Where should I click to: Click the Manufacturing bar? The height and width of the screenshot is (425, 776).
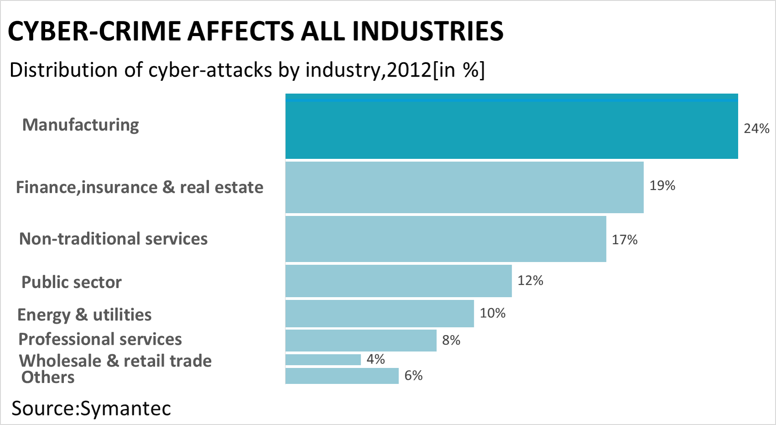(x=512, y=126)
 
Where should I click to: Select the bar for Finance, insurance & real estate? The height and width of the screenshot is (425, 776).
(x=464, y=187)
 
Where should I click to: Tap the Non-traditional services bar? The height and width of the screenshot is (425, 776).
(x=445, y=239)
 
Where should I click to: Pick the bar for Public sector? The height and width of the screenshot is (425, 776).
(x=398, y=281)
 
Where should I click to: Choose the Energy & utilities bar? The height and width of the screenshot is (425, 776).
(x=379, y=314)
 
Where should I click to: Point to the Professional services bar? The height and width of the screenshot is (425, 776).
(x=361, y=340)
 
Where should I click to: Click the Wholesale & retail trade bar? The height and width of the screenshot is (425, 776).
(x=323, y=360)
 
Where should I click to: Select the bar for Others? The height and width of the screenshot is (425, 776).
(x=342, y=376)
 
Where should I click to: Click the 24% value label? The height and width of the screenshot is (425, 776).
(x=756, y=129)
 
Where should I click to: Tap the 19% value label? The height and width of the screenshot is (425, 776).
(x=662, y=185)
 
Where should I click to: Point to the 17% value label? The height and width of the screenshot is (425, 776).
(x=624, y=240)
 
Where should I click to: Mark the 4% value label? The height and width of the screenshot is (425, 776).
(x=376, y=359)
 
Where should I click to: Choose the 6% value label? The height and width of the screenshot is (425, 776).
(x=414, y=375)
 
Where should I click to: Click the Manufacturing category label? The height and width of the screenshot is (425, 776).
(x=81, y=125)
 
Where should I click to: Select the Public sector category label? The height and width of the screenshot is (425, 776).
(x=72, y=282)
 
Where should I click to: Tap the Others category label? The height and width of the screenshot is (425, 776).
(x=48, y=378)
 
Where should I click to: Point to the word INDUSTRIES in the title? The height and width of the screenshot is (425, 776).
(x=428, y=31)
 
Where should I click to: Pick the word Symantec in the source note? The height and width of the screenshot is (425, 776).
(x=125, y=408)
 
